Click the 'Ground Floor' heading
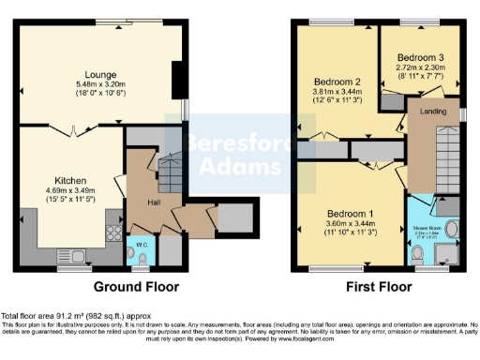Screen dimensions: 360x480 pyautogui.click(x=136, y=287)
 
